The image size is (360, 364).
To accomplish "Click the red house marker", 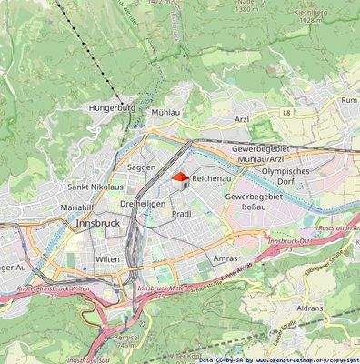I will click(x=181, y=177).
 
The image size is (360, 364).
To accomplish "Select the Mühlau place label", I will click(x=167, y=110).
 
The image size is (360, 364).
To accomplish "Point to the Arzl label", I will click(x=242, y=118).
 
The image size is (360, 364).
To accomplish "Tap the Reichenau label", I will click(x=215, y=181).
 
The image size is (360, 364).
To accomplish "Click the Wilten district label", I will click(x=107, y=259).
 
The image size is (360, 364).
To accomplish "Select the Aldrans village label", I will click(x=310, y=308).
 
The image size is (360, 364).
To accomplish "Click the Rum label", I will click(x=349, y=99).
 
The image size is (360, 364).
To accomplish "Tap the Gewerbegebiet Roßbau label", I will click(x=256, y=201).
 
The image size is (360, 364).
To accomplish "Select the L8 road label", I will click(x=287, y=112).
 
